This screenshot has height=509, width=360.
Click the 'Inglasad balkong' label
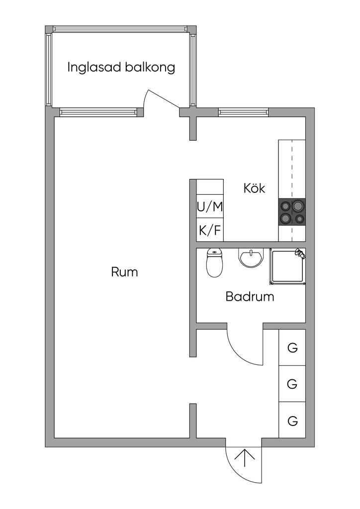point(121,68)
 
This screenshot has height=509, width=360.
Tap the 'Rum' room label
point(124,272)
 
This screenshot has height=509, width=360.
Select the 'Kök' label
point(254,188)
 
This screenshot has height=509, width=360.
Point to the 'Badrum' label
point(250,296)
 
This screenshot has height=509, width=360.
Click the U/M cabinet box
point(210,206)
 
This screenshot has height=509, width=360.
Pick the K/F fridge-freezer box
point(210,230)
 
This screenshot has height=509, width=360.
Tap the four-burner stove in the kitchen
point(292,212)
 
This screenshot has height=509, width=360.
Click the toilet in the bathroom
point(214,262)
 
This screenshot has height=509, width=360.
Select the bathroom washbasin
point(251,258)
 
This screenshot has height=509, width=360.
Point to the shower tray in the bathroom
point(287,267)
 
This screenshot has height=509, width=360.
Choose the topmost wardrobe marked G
point(292,347)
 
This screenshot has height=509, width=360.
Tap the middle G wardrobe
point(292,384)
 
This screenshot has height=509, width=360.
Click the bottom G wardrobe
point(292,421)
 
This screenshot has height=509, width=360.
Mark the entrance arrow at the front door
point(245,458)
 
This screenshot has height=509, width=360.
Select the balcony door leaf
point(163,98)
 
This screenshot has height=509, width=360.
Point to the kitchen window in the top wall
point(244,112)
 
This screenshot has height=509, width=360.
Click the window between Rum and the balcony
point(98,112)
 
